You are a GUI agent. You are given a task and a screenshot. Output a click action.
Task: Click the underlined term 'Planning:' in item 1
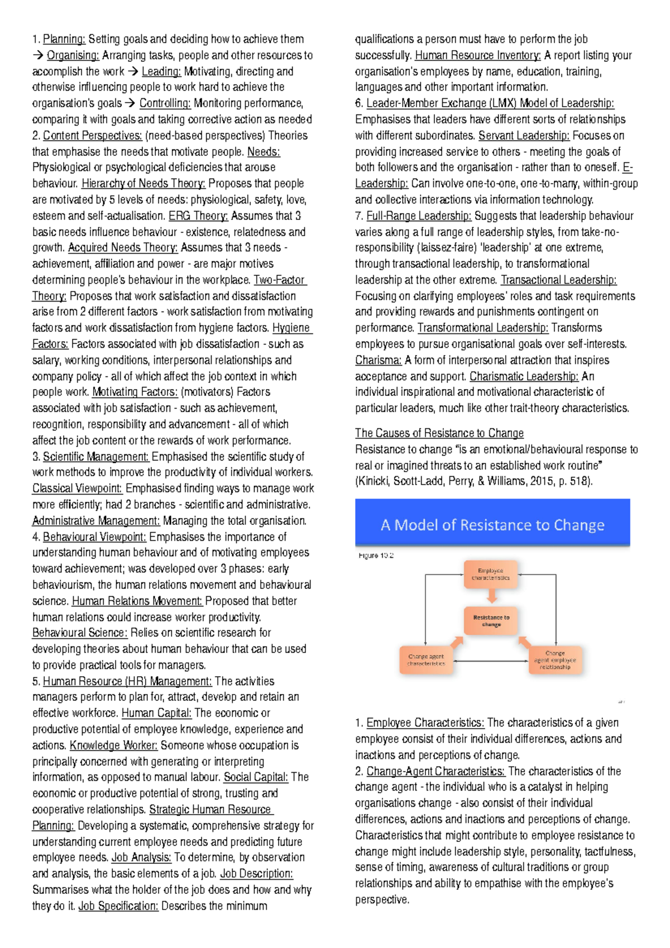point(64,39)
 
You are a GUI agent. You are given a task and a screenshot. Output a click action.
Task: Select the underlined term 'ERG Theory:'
point(198,216)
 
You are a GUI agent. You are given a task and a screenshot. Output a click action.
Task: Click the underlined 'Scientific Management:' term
point(96,456)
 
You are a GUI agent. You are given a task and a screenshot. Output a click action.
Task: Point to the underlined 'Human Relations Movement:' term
point(137,601)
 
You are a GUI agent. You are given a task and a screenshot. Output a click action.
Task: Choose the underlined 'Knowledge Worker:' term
point(113,745)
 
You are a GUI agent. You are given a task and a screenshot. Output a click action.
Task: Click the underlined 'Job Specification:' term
point(118,906)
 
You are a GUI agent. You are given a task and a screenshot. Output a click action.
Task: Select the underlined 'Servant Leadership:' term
point(524,135)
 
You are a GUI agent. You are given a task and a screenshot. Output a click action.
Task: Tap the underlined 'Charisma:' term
point(378,360)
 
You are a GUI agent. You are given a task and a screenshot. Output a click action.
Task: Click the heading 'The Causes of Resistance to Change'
point(439,433)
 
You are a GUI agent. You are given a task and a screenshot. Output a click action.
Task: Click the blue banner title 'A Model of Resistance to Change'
point(492,525)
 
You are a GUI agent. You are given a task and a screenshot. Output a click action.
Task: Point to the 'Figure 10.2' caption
point(376,556)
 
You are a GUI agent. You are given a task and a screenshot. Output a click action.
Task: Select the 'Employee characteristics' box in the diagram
point(491,574)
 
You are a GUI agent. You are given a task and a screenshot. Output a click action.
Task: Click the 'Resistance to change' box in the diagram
point(491,621)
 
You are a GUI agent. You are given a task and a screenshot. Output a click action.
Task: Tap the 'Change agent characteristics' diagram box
point(426,660)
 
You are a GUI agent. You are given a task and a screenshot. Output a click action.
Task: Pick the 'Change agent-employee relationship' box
point(555,660)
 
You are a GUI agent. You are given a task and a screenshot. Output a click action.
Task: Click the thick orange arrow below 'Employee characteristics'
point(491,596)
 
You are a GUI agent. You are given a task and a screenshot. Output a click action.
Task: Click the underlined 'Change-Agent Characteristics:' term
point(435,771)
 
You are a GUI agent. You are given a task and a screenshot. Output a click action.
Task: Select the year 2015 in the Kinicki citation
point(542,481)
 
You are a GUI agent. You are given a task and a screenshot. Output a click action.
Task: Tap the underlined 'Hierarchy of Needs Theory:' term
point(143,183)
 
